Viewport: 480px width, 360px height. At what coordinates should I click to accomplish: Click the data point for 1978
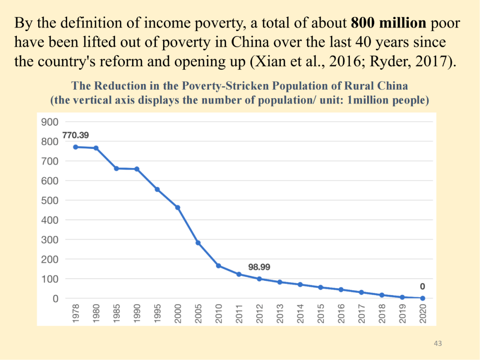[x=76, y=147]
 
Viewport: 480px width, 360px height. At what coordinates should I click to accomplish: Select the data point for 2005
[x=198, y=243]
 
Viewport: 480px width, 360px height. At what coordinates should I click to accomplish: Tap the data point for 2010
[x=219, y=266]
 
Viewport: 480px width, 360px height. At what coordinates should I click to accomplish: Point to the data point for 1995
[x=157, y=189]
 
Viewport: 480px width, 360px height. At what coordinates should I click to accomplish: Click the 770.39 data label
[x=76, y=135]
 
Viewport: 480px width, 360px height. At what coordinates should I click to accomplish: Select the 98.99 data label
[x=259, y=267]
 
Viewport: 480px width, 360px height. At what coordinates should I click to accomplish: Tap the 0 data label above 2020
[x=423, y=287]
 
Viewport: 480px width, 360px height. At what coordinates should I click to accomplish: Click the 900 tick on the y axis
[x=49, y=122]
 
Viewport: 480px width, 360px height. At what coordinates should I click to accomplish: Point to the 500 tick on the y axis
[x=49, y=200]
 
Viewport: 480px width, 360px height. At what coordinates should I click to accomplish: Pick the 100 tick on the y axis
[x=49, y=279]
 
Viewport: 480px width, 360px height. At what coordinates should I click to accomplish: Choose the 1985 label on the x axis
[x=117, y=313]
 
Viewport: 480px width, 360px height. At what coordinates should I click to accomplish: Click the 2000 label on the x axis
[x=178, y=313]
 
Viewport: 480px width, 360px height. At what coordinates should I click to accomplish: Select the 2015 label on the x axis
[x=321, y=313]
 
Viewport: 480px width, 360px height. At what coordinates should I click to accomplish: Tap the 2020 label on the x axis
[x=423, y=313]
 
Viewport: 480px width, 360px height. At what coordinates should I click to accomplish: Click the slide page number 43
[x=438, y=344]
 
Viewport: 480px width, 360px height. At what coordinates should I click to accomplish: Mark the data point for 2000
[x=178, y=208]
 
